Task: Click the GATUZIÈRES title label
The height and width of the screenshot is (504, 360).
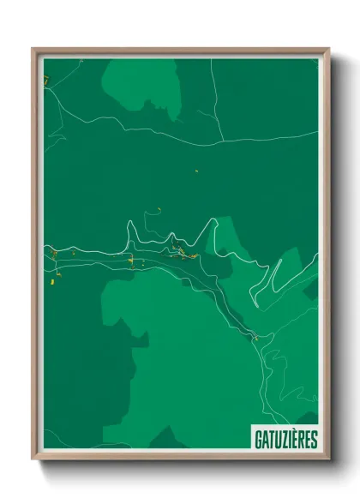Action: (x=285, y=440)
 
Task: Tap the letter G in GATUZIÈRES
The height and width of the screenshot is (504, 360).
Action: (x=258, y=440)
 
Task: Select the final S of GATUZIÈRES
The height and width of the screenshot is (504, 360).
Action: (x=314, y=440)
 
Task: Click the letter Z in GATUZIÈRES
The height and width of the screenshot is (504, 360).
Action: (x=285, y=440)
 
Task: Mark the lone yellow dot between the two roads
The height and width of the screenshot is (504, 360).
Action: (x=196, y=171)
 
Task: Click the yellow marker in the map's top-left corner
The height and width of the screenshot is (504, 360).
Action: (x=48, y=80)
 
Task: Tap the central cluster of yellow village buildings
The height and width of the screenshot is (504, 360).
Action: (x=182, y=251)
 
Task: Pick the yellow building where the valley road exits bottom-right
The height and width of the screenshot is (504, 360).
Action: (x=255, y=337)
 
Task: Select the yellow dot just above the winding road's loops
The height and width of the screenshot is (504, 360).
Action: (x=159, y=207)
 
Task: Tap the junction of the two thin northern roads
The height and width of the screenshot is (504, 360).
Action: (x=221, y=140)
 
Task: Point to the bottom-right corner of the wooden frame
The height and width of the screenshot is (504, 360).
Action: (x=328, y=459)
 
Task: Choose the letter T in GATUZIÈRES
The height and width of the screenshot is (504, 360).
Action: (x=272, y=440)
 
